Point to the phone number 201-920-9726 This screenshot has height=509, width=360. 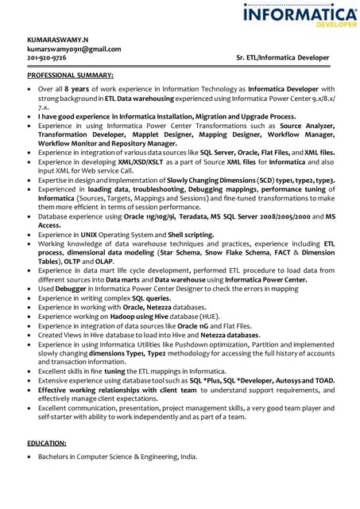tap(47, 58)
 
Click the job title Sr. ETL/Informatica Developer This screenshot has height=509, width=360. tap(282, 58)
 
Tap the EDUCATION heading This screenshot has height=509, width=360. tap(47, 442)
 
